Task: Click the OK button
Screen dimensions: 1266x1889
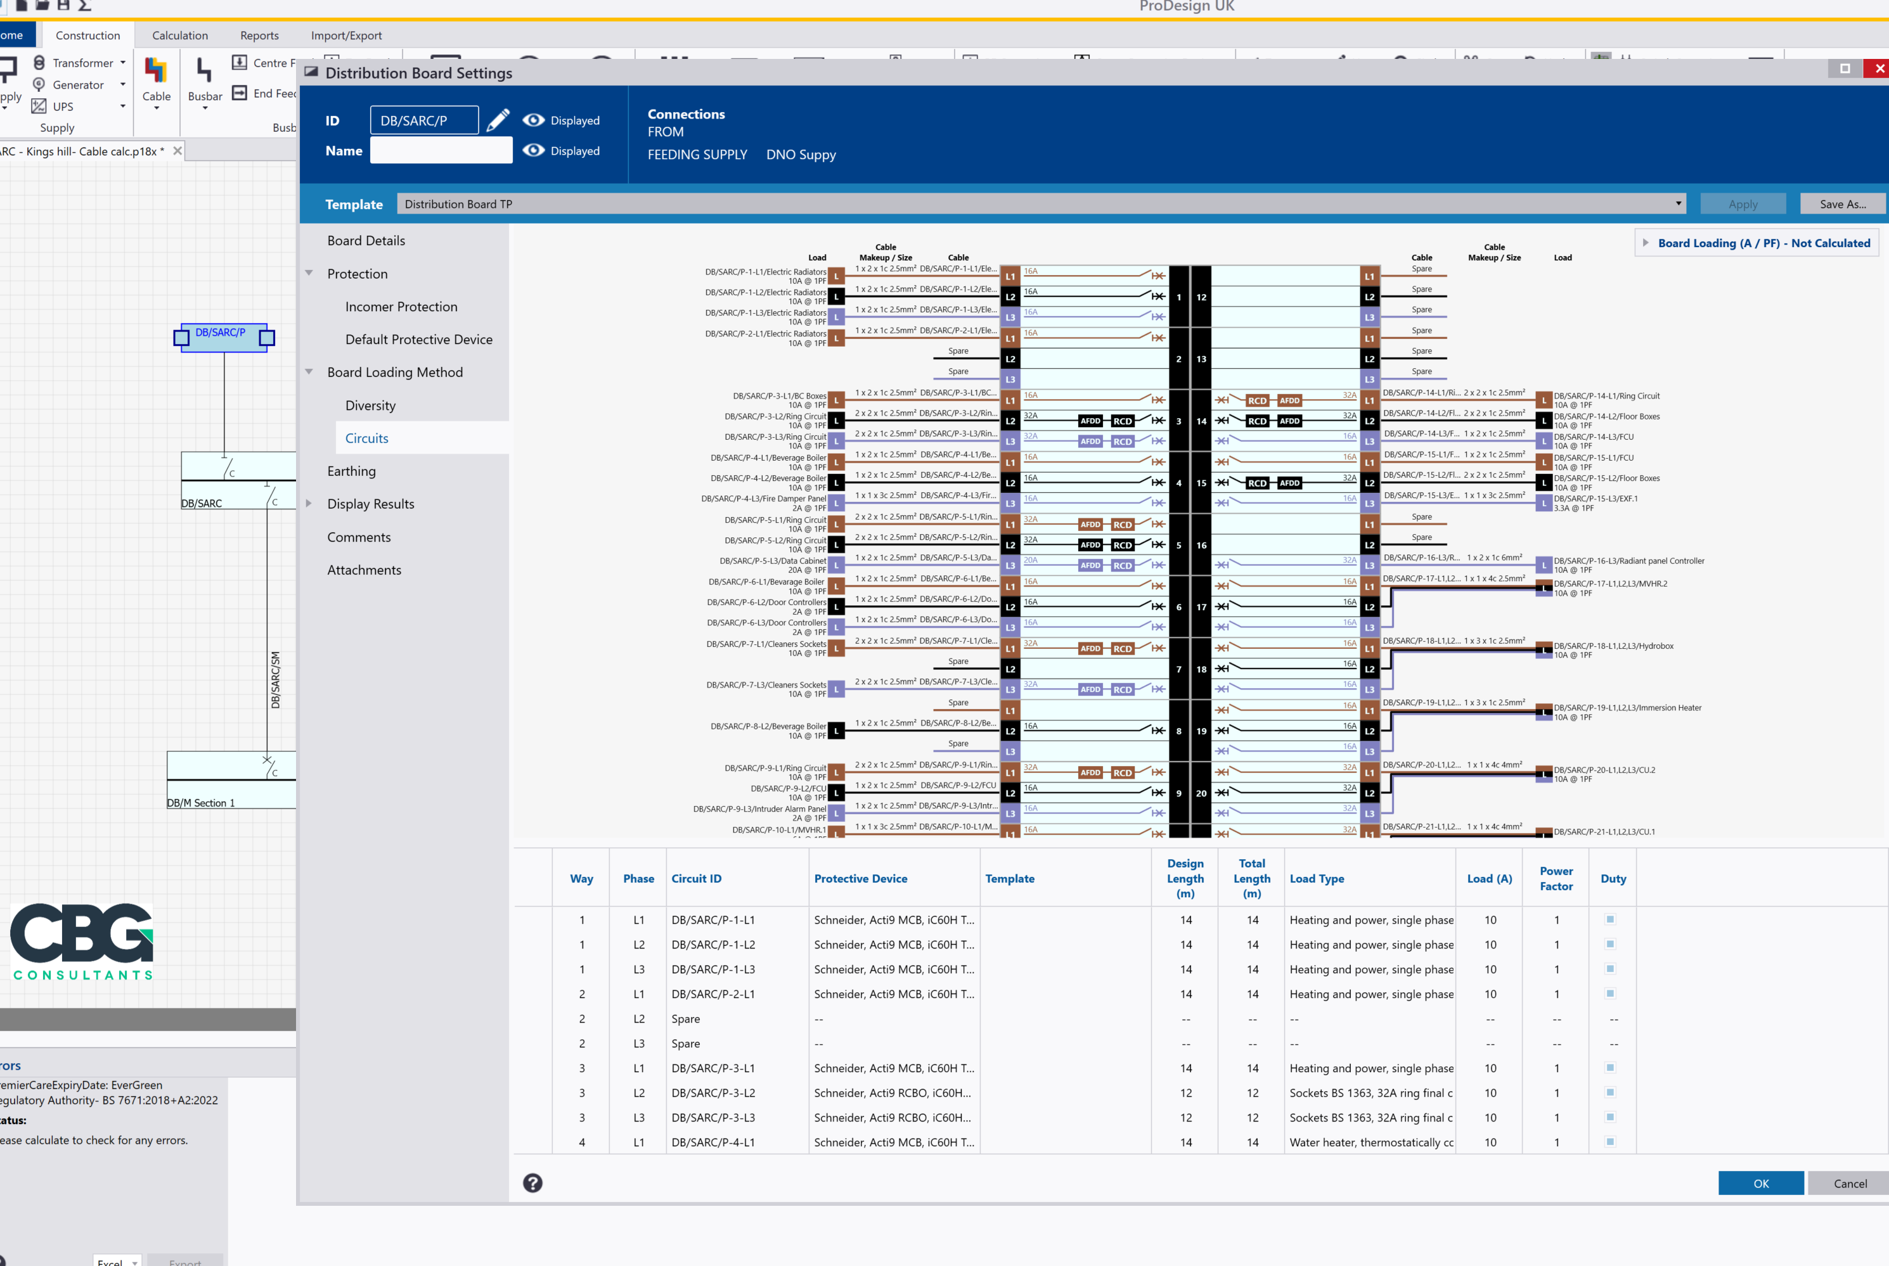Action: (x=1760, y=1183)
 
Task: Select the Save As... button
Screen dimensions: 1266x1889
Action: (x=1842, y=204)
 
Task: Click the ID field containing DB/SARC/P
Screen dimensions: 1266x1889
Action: (x=424, y=120)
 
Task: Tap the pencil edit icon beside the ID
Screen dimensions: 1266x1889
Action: (x=498, y=120)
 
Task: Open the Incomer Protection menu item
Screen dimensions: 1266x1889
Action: (x=401, y=307)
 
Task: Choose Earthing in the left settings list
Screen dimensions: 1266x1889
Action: (x=351, y=471)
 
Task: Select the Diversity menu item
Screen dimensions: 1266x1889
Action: (x=370, y=406)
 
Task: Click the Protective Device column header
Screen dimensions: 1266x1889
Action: (x=860, y=878)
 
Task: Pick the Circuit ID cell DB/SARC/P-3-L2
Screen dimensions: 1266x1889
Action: (x=712, y=1092)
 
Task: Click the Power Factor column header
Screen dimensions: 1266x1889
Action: (x=1556, y=878)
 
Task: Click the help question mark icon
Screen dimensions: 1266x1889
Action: (x=532, y=1183)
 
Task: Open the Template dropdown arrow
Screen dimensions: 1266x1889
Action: (x=1678, y=203)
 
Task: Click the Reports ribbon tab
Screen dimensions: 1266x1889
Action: (x=259, y=35)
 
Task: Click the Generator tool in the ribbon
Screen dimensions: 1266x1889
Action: (x=77, y=85)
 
